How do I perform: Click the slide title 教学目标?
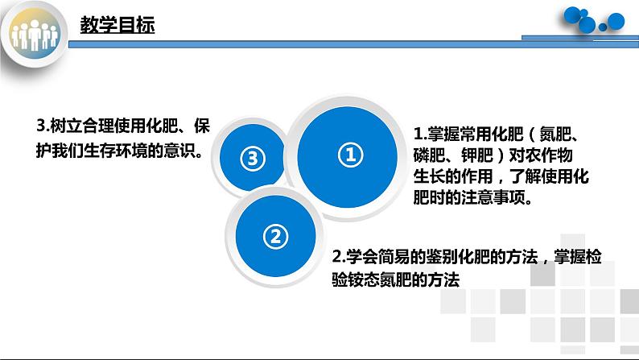[x=117, y=25]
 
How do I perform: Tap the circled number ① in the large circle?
[x=349, y=155]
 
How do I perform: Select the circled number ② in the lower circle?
[x=274, y=236]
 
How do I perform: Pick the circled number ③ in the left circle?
[x=252, y=159]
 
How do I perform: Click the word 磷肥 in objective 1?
[x=428, y=155]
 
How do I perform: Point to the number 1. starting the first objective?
[x=418, y=134]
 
